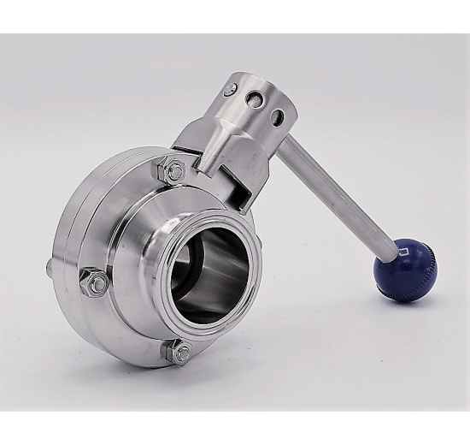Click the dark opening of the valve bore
pyautogui.click(x=205, y=282)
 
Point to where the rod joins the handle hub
pyautogui.click(x=285, y=145)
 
